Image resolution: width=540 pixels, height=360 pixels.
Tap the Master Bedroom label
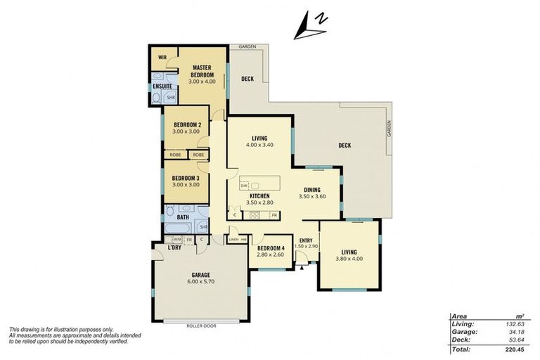click(202, 71)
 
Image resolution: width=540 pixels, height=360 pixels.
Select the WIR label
click(162, 56)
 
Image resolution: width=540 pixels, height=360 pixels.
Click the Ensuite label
click(162, 86)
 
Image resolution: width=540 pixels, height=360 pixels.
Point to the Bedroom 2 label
click(186, 125)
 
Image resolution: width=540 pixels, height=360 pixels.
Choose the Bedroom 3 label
click(186, 178)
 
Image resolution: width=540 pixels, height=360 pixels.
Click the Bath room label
click(182, 217)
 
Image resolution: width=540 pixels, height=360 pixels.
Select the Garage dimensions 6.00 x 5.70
click(201, 282)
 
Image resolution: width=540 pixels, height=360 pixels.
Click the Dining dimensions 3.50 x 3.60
click(313, 196)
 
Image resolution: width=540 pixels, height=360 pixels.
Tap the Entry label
click(306, 240)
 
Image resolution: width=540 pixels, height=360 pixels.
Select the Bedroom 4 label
click(271, 249)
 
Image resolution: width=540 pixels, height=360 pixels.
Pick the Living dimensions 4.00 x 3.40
click(259, 145)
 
